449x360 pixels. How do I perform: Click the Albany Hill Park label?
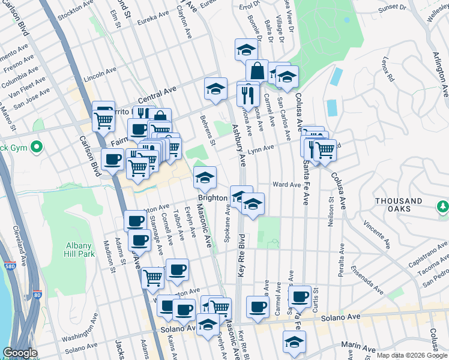coord(78,250)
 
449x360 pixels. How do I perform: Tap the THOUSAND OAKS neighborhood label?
coord(399,205)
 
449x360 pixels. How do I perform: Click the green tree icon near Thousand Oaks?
coord(443,206)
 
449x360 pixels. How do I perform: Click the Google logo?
coord(20,353)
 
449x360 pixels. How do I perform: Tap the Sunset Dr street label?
coord(391,7)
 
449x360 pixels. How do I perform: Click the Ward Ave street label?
coord(286,185)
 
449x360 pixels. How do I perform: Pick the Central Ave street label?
coord(157,91)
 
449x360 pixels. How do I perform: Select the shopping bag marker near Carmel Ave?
coord(257,71)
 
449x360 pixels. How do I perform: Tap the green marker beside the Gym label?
coord(37,146)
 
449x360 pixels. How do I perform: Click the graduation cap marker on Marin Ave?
coord(294,342)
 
